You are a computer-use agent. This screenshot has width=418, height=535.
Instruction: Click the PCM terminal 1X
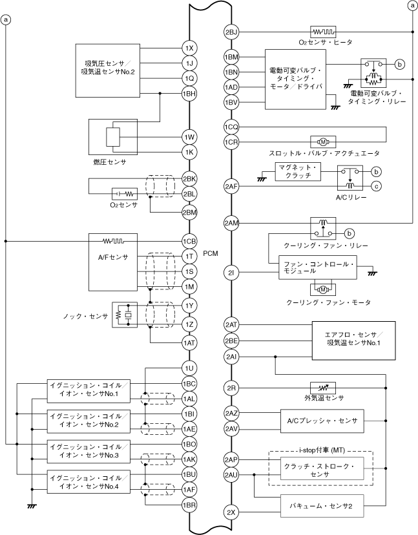coord(189,48)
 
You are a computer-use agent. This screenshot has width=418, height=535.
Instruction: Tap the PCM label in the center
coord(211,254)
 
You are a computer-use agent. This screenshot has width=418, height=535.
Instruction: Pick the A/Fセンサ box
coord(113,258)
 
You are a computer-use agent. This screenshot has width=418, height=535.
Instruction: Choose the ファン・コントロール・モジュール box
coord(317,269)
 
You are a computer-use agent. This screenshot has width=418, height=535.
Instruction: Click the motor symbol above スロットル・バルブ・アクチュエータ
coord(321,142)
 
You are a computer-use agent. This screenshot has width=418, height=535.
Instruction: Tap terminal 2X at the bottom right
coord(232,512)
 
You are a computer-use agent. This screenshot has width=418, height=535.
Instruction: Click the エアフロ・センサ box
coord(352,338)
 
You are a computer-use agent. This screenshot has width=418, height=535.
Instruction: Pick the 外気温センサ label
coord(324,398)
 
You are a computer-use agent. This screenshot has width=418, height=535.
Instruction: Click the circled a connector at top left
coord(6,20)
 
